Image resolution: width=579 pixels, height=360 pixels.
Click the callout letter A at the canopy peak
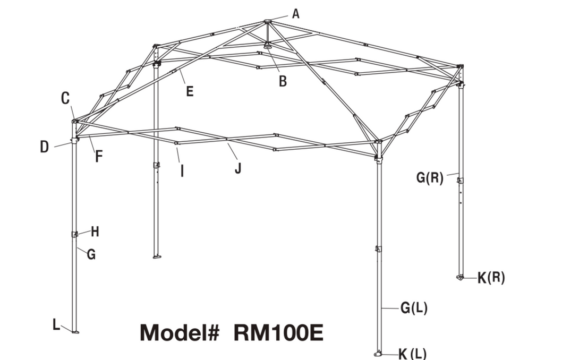(295, 14)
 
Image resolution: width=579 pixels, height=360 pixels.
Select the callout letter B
(283, 81)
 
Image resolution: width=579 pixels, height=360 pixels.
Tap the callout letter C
(65, 98)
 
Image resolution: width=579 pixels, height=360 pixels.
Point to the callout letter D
(44, 147)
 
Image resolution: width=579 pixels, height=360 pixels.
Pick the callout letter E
(190, 91)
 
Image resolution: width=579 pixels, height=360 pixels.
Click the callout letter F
(98, 156)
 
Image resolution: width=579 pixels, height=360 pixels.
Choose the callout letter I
(182, 171)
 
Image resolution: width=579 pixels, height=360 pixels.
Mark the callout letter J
(238, 168)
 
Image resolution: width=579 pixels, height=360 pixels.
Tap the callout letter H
(95, 232)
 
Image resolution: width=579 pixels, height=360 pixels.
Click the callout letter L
(56, 324)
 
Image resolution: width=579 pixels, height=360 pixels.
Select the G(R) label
(429, 177)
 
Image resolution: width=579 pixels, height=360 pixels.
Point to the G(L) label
(414, 307)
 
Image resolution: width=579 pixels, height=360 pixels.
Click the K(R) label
(491, 278)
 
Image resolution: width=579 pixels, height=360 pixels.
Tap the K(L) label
(412, 354)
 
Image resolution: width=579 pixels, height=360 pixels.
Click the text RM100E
(279, 332)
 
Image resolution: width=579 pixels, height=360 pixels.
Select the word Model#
(180, 332)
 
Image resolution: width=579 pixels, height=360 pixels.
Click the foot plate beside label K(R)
(460, 277)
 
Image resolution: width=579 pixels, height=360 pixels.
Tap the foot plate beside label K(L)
(378, 354)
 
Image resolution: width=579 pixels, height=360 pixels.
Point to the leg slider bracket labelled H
(74, 234)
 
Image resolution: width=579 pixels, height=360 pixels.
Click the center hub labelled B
(268, 46)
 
